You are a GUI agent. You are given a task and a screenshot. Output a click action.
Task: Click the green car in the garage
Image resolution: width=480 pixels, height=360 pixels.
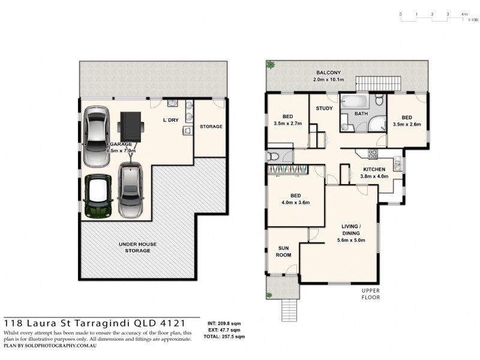coord(98,196)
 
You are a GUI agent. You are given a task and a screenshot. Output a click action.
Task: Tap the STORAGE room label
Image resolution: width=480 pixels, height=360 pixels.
coord(211,127)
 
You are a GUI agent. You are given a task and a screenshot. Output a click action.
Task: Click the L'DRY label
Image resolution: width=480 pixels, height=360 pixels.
coord(171,121)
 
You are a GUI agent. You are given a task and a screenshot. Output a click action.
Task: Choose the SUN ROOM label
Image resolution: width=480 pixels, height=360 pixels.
coord(284,251)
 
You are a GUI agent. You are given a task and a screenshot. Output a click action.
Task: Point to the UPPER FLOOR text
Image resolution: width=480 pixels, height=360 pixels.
coord(372,293)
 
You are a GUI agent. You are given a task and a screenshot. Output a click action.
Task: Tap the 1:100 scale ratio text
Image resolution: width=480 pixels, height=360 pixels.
coord(473,20)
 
